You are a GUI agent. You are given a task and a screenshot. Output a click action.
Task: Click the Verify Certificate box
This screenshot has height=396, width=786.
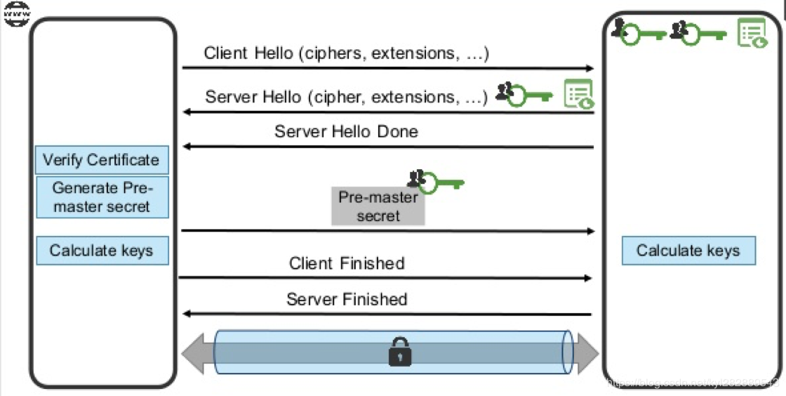coord(102,160)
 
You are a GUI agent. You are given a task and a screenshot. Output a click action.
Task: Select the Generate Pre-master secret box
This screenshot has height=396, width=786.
coord(102,197)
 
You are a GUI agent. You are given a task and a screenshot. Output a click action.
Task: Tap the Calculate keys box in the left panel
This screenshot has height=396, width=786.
coord(102,251)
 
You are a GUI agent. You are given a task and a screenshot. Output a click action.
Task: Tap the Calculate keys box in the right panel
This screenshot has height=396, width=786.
coord(688,251)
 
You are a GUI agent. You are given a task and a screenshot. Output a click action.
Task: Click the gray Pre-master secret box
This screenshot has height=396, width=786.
coord(378,206)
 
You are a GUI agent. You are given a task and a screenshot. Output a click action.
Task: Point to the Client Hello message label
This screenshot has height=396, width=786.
coord(346,53)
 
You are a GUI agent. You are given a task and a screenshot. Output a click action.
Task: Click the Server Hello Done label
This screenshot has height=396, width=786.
coord(346,131)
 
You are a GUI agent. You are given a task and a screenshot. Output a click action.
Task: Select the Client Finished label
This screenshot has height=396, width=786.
coord(347,263)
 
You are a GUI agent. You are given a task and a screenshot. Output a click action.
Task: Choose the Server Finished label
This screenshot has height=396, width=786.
coord(347,299)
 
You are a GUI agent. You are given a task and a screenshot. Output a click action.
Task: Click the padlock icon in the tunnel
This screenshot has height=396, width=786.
coord(399,352)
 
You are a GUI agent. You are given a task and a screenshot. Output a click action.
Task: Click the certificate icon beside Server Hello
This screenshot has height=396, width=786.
coord(579,94)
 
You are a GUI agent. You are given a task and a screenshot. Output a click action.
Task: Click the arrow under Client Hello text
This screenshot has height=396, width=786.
coord(388,69)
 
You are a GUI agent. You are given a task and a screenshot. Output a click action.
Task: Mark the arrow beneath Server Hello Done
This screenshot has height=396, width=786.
coord(388,147)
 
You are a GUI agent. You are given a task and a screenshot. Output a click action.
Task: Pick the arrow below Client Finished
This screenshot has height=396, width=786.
coord(385,278)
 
